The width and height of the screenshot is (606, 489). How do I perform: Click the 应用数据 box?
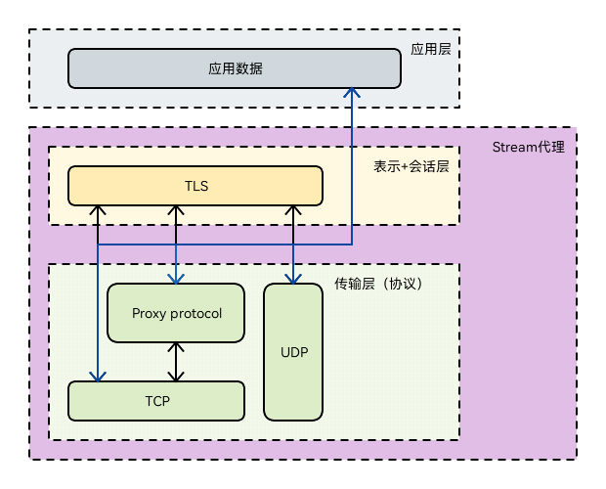coord(235,68)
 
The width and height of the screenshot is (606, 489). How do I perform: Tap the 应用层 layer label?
coord(431,48)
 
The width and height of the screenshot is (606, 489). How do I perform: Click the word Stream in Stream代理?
coord(513,148)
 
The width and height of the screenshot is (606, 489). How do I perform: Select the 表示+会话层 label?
coord(411,166)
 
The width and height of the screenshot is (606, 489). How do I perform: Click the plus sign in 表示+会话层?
coord(409,166)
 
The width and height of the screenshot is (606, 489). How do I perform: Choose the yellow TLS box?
coord(195,186)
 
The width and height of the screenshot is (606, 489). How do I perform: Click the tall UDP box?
coord(293,352)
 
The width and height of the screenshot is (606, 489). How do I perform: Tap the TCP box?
coord(156,401)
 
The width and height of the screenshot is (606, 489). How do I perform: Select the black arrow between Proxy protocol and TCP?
coord(176,362)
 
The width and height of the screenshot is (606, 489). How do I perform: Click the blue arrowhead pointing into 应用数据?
coord(352,91)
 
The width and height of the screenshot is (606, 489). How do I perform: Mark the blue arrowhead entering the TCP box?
coord(97,377)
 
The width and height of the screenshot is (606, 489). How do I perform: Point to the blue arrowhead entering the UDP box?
coord(293,278)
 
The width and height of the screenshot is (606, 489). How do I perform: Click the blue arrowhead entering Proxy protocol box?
coord(176,278)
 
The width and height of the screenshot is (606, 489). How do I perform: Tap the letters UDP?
coord(293,352)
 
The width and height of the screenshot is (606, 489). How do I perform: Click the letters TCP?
coord(156,401)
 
